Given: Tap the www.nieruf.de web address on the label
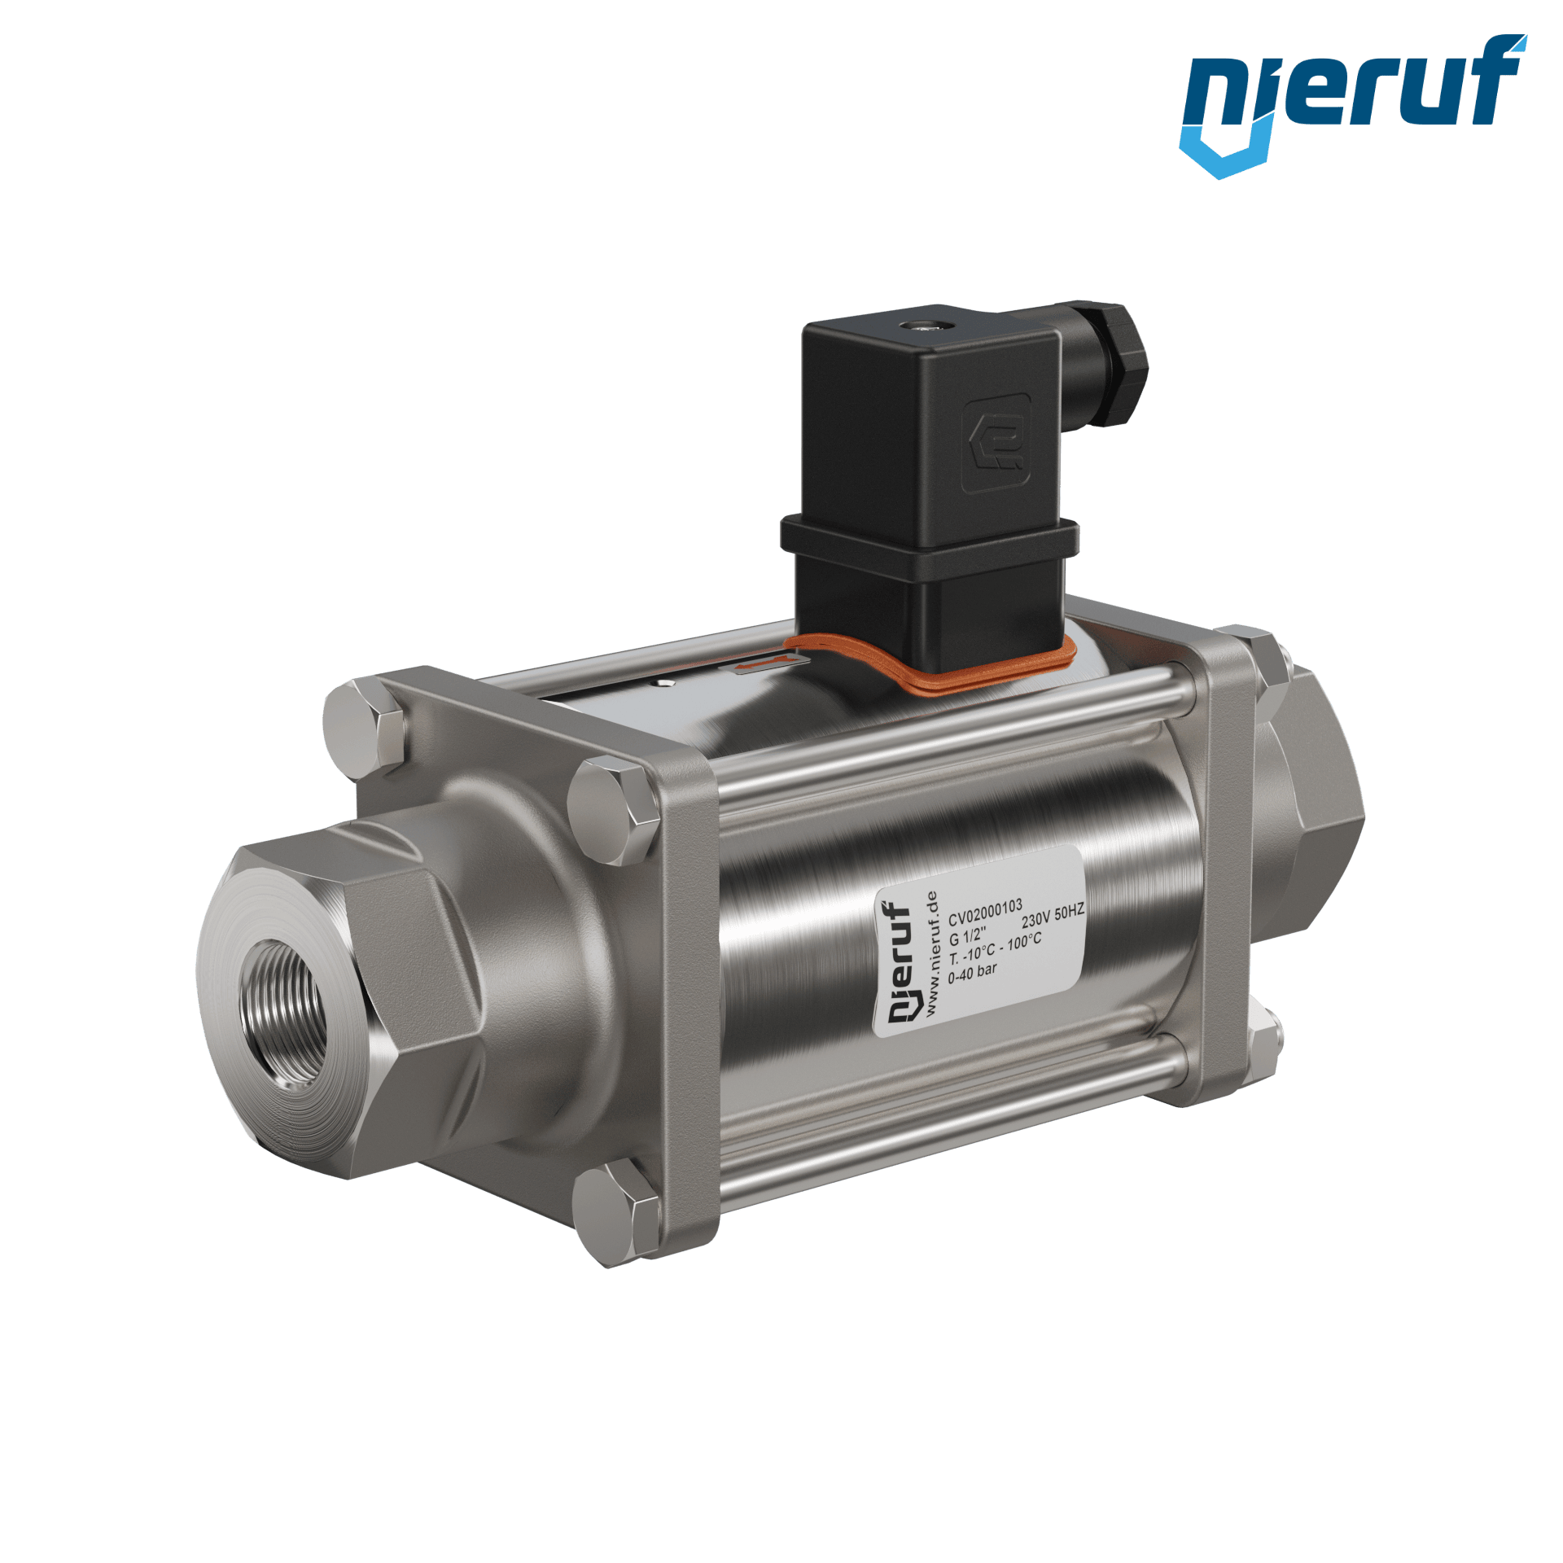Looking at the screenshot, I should (x=931, y=953).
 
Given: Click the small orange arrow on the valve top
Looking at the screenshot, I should (x=754, y=667).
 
